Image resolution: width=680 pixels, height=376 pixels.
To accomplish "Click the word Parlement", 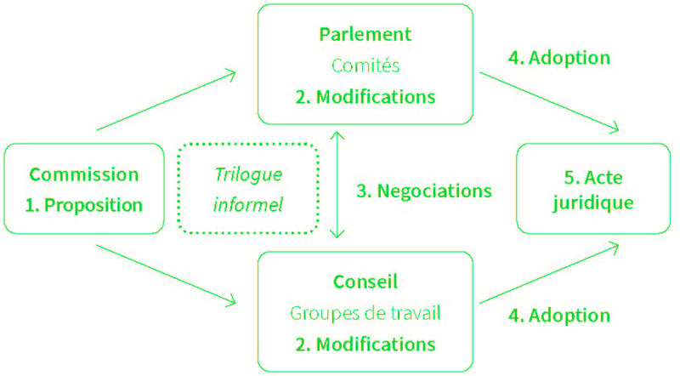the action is tap(365, 34).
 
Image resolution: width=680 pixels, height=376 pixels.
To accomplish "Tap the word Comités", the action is tap(365, 66).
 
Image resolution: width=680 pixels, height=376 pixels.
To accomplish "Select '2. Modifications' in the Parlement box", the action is tap(365, 97).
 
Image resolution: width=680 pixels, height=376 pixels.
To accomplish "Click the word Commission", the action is tap(83, 174).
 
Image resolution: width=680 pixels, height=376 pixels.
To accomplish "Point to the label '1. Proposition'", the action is tap(83, 205).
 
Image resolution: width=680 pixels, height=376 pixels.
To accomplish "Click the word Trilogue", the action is tap(248, 175).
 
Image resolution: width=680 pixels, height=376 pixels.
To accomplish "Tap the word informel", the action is tap(248, 204).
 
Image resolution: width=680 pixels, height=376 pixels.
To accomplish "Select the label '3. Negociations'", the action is tap(424, 191).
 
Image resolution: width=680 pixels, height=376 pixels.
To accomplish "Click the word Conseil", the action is tap(365, 282).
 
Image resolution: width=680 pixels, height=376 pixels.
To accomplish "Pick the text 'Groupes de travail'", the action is tap(365, 313).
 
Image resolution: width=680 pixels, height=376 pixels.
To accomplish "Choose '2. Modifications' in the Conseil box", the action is tap(365, 345).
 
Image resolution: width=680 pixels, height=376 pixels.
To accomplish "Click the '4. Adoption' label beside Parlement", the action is tap(559, 58).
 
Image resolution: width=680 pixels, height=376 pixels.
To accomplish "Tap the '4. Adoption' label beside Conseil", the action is tap(559, 316).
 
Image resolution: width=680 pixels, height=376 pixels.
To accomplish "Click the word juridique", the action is tap(592, 202).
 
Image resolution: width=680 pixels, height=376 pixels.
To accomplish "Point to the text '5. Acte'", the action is tap(592, 177).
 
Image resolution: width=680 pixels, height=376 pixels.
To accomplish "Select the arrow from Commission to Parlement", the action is tap(166, 100).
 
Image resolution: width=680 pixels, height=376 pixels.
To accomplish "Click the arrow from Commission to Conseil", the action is tap(166, 276).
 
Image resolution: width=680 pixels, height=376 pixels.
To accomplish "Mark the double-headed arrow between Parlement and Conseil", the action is tap(337, 185).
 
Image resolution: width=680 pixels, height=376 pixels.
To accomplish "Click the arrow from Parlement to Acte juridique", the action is tap(549, 102).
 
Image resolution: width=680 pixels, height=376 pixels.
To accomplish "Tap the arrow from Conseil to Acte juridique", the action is tap(549, 273).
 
